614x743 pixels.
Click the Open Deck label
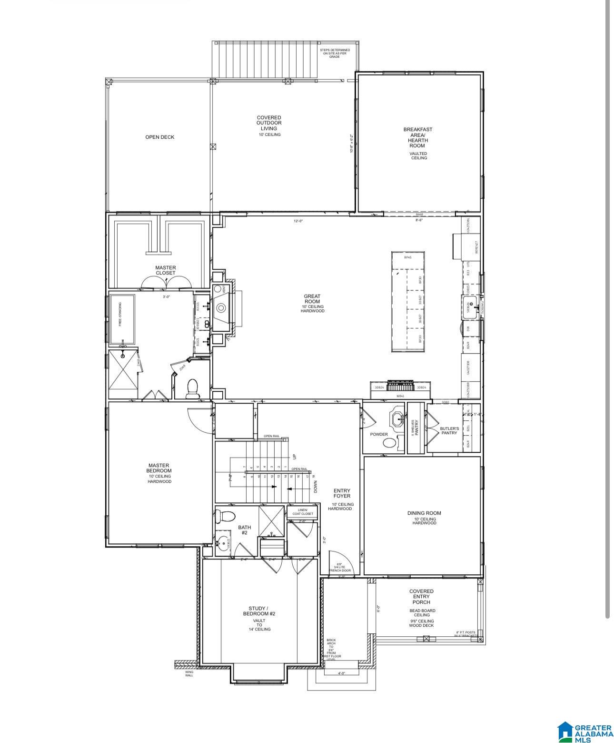click(160, 137)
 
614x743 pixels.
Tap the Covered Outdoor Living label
click(269, 123)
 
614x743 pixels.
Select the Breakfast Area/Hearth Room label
click(418, 138)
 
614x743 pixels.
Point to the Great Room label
click(312, 299)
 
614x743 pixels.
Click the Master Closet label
click(165, 270)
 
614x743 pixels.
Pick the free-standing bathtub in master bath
click(122, 319)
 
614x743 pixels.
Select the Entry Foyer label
click(342, 493)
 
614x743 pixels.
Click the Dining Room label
click(424, 513)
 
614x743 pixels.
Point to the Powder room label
click(379, 434)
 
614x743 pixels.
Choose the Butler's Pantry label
click(449, 431)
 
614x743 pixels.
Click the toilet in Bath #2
click(225, 516)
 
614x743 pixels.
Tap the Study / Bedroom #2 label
click(259, 611)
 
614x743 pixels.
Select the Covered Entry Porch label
click(421, 596)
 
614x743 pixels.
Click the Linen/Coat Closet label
click(302, 512)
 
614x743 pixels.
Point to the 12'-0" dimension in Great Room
click(298, 221)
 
